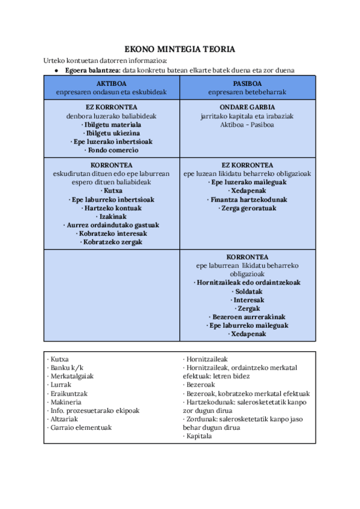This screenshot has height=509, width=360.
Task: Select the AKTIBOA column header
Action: (x=111, y=83)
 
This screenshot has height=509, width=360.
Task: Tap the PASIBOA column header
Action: (x=247, y=83)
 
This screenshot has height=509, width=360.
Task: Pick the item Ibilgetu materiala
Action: (x=112, y=124)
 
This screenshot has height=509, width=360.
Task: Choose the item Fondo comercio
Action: (x=112, y=150)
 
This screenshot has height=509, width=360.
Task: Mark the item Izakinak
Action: (x=112, y=216)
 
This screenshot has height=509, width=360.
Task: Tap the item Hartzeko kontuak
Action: (x=112, y=208)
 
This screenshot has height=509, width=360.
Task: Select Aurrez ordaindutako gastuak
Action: (x=112, y=225)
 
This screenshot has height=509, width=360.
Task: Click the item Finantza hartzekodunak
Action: (x=247, y=199)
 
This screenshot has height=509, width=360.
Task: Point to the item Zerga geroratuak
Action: (x=247, y=208)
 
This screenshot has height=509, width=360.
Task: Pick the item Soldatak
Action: (x=247, y=291)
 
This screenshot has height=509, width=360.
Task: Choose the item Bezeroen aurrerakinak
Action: (x=247, y=317)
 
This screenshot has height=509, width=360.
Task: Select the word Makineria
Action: (x=67, y=402)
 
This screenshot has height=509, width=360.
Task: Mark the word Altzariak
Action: (x=65, y=419)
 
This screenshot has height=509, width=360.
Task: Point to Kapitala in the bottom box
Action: (x=197, y=436)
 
